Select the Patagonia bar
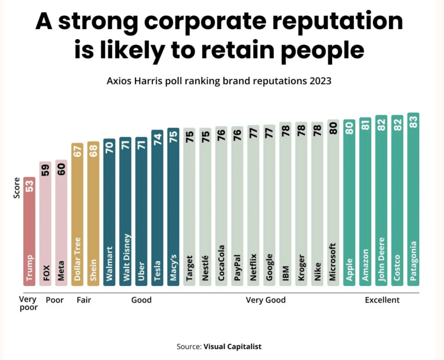coord(413,199)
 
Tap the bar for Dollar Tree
coord(78,214)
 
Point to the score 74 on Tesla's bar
coord(157,139)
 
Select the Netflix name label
coord(253,268)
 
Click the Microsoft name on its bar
coord(333,262)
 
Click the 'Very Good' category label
coord(265,300)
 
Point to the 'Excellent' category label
coord(382,300)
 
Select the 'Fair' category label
coord(84,300)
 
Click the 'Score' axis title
coord(17,188)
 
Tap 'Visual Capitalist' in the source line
coord(232,347)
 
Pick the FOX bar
coord(46,223)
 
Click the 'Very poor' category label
coord(29,303)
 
